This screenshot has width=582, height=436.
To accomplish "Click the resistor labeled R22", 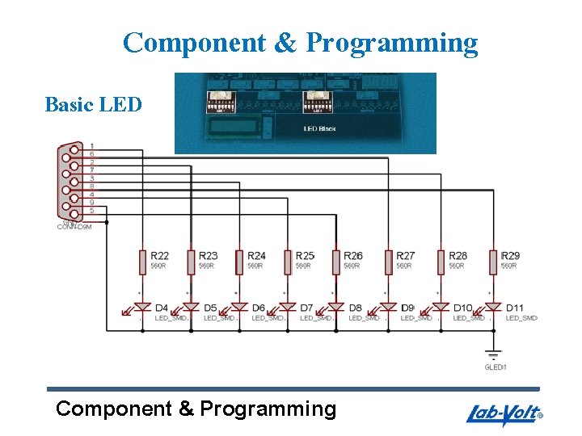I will tap(142, 261).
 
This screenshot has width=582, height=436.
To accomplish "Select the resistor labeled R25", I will tap(287, 261).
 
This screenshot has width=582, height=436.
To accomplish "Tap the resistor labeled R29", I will tap(492, 261).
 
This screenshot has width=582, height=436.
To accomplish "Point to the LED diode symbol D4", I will tap(142, 308).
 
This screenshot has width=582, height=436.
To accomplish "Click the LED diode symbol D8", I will tap(335, 308).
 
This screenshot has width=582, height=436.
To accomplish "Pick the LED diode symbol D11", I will tap(492, 308).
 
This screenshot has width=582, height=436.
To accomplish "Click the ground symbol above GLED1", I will tap(492, 354).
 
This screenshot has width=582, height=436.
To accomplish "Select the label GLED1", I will tap(496, 367).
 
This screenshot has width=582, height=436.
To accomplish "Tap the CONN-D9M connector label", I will tap(74, 227).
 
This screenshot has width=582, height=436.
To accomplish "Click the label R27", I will tap(406, 256).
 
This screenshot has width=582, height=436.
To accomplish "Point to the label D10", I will tap(463, 308).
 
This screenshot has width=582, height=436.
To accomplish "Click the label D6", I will tap(259, 308).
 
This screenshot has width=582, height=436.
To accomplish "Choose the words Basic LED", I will tap(94, 105).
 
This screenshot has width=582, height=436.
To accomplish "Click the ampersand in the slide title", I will tap(285, 42).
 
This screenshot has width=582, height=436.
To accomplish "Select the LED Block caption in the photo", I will tap(319, 128).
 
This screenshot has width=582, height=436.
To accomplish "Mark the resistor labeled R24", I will tap(239, 261).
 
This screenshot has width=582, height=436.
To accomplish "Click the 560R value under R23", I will tap(207, 266).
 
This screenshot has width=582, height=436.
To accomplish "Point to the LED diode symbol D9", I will tap(388, 308).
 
